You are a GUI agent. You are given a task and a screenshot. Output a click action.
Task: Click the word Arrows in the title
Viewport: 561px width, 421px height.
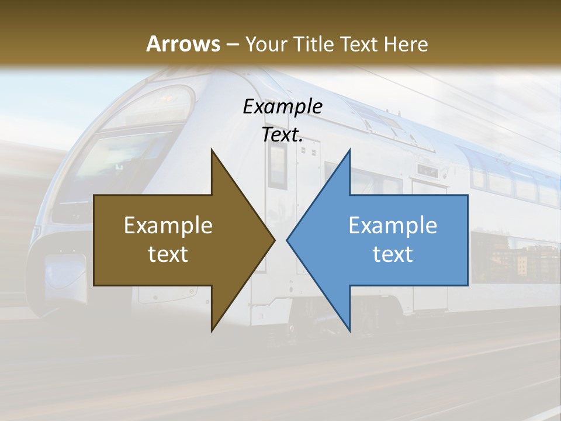point(183,44)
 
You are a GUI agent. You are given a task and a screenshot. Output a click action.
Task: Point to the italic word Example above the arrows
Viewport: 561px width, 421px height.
point(283,106)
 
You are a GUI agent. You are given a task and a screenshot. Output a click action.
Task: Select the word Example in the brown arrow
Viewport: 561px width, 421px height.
point(168,226)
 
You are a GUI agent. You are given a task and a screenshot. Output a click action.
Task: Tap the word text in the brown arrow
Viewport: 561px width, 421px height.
point(168,254)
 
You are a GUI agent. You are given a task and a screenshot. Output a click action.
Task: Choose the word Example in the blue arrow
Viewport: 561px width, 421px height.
point(393,226)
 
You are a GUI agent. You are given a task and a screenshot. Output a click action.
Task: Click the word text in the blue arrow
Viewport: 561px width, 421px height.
point(393,254)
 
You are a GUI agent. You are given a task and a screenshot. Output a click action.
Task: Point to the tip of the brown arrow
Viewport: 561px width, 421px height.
point(275,240)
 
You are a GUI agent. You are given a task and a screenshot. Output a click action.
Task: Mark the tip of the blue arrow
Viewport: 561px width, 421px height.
point(287,240)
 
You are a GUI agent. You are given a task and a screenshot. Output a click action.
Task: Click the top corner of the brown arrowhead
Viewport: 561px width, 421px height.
point(212,150)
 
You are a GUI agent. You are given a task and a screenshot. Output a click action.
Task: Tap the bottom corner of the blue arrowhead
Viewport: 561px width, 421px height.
point(350,331)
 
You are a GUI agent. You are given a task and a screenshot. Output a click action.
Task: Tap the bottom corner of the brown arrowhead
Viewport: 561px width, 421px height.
point(212,331)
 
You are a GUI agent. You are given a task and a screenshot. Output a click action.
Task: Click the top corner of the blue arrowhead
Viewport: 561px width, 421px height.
point(350,150)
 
